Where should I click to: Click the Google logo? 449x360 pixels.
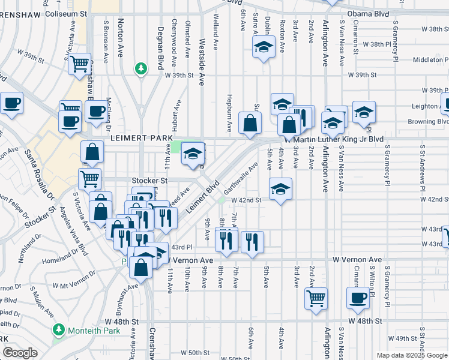(20, 353)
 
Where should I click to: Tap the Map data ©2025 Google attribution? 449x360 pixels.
(412, 355)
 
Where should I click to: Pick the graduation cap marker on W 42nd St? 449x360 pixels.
(280, 190)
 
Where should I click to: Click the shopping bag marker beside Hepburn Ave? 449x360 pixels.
(250, 124)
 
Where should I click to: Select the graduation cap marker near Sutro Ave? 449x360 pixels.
(263, 47)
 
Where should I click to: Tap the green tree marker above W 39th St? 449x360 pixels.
(141, 69)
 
